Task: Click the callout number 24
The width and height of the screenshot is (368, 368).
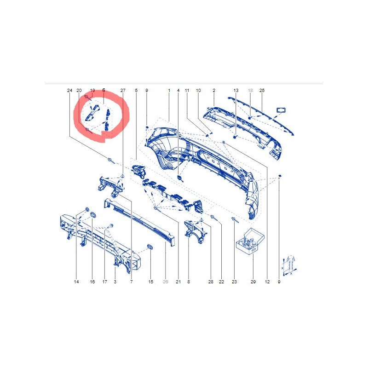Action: point(69,90)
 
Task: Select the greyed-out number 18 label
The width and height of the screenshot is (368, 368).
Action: point(250,90)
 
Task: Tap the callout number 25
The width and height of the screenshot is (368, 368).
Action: point(262,90)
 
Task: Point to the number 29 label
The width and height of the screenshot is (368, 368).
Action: point(253,282)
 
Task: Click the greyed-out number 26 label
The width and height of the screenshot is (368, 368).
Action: point(166,282)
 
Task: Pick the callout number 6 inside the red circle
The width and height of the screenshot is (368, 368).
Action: point(104,90)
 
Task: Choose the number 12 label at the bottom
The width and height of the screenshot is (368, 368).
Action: point(267,282)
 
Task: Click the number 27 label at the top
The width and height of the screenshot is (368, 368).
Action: point(123,90)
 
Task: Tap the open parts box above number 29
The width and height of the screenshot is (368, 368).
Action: point(250,241)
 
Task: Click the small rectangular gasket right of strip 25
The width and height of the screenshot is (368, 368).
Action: point(281,110)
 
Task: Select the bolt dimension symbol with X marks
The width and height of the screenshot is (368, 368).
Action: point(289,265)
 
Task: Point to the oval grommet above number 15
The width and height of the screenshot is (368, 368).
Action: point(150,247)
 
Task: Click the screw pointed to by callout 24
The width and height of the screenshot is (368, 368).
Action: point(111,161)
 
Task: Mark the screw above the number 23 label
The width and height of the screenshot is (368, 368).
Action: point(235,220)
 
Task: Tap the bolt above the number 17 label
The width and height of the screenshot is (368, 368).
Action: point(110,226)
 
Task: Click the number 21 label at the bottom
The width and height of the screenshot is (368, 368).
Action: point(178,282)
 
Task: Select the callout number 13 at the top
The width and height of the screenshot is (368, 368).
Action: point(236,90)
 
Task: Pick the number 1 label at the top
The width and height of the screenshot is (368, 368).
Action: point(169,90)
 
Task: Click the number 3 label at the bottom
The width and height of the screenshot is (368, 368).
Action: point(115,282)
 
